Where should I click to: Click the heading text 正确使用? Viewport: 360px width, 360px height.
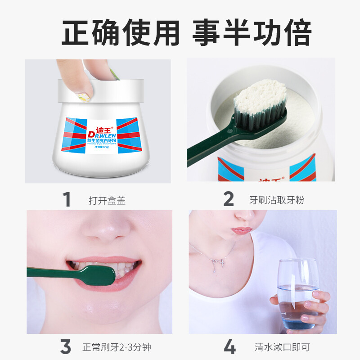[120, 32]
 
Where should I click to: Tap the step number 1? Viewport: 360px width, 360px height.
[67, 199]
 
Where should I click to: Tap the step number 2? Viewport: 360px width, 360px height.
[229, 199]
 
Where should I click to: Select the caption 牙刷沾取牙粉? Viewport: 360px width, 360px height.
[277, 200]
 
